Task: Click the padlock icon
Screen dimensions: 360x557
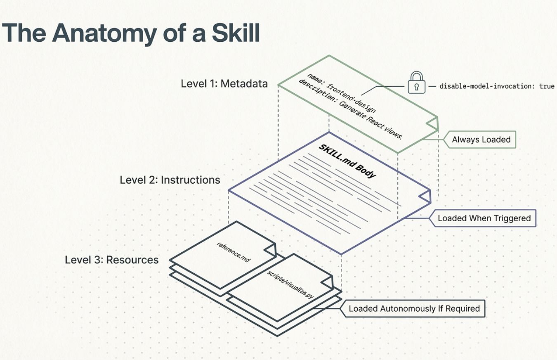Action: tap(416, 83)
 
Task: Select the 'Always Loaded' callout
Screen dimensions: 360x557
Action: tap(481, 140)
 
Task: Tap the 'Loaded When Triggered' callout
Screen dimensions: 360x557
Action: tap(484, 218)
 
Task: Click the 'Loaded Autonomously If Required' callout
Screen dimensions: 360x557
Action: tap(414, 308)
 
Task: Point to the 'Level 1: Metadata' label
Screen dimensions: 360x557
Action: tap(224, 83)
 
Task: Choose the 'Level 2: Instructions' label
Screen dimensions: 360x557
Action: tap(170, 180)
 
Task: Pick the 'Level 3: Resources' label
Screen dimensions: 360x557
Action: tap(112, 260)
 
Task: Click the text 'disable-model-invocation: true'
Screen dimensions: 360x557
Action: tap(497, 86)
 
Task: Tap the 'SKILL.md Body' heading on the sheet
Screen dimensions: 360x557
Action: tap(347, 161)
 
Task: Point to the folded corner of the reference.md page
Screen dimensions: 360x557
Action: tap(270, 250)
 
